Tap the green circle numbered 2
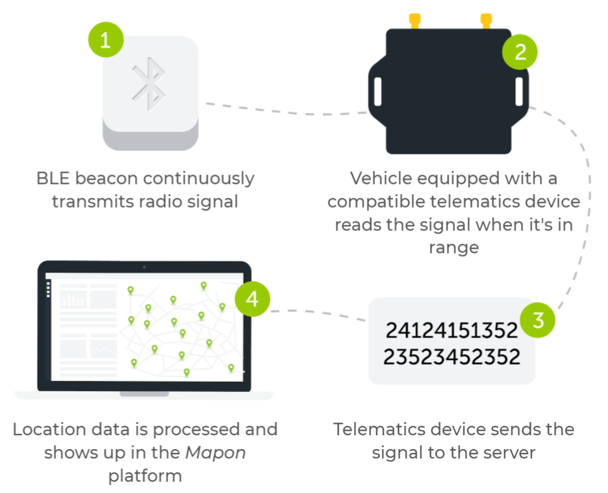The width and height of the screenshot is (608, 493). tap(520, 51)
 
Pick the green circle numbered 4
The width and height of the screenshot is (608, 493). tap(252, 299)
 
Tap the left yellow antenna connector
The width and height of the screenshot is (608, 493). tap(415, 21)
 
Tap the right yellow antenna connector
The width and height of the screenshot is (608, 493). tap(485, 21)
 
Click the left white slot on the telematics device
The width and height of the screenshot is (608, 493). tap(376, 92)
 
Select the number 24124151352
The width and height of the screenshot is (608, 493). tap(452, 330)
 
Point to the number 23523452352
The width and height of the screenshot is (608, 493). tap(452, 357)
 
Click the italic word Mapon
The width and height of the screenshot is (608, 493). tap(215, 453)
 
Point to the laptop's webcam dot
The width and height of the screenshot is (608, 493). tap(144, 267)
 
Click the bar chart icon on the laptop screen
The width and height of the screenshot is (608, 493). tap(73, 300)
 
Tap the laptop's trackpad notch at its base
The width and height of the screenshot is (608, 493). tap(144, 394)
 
